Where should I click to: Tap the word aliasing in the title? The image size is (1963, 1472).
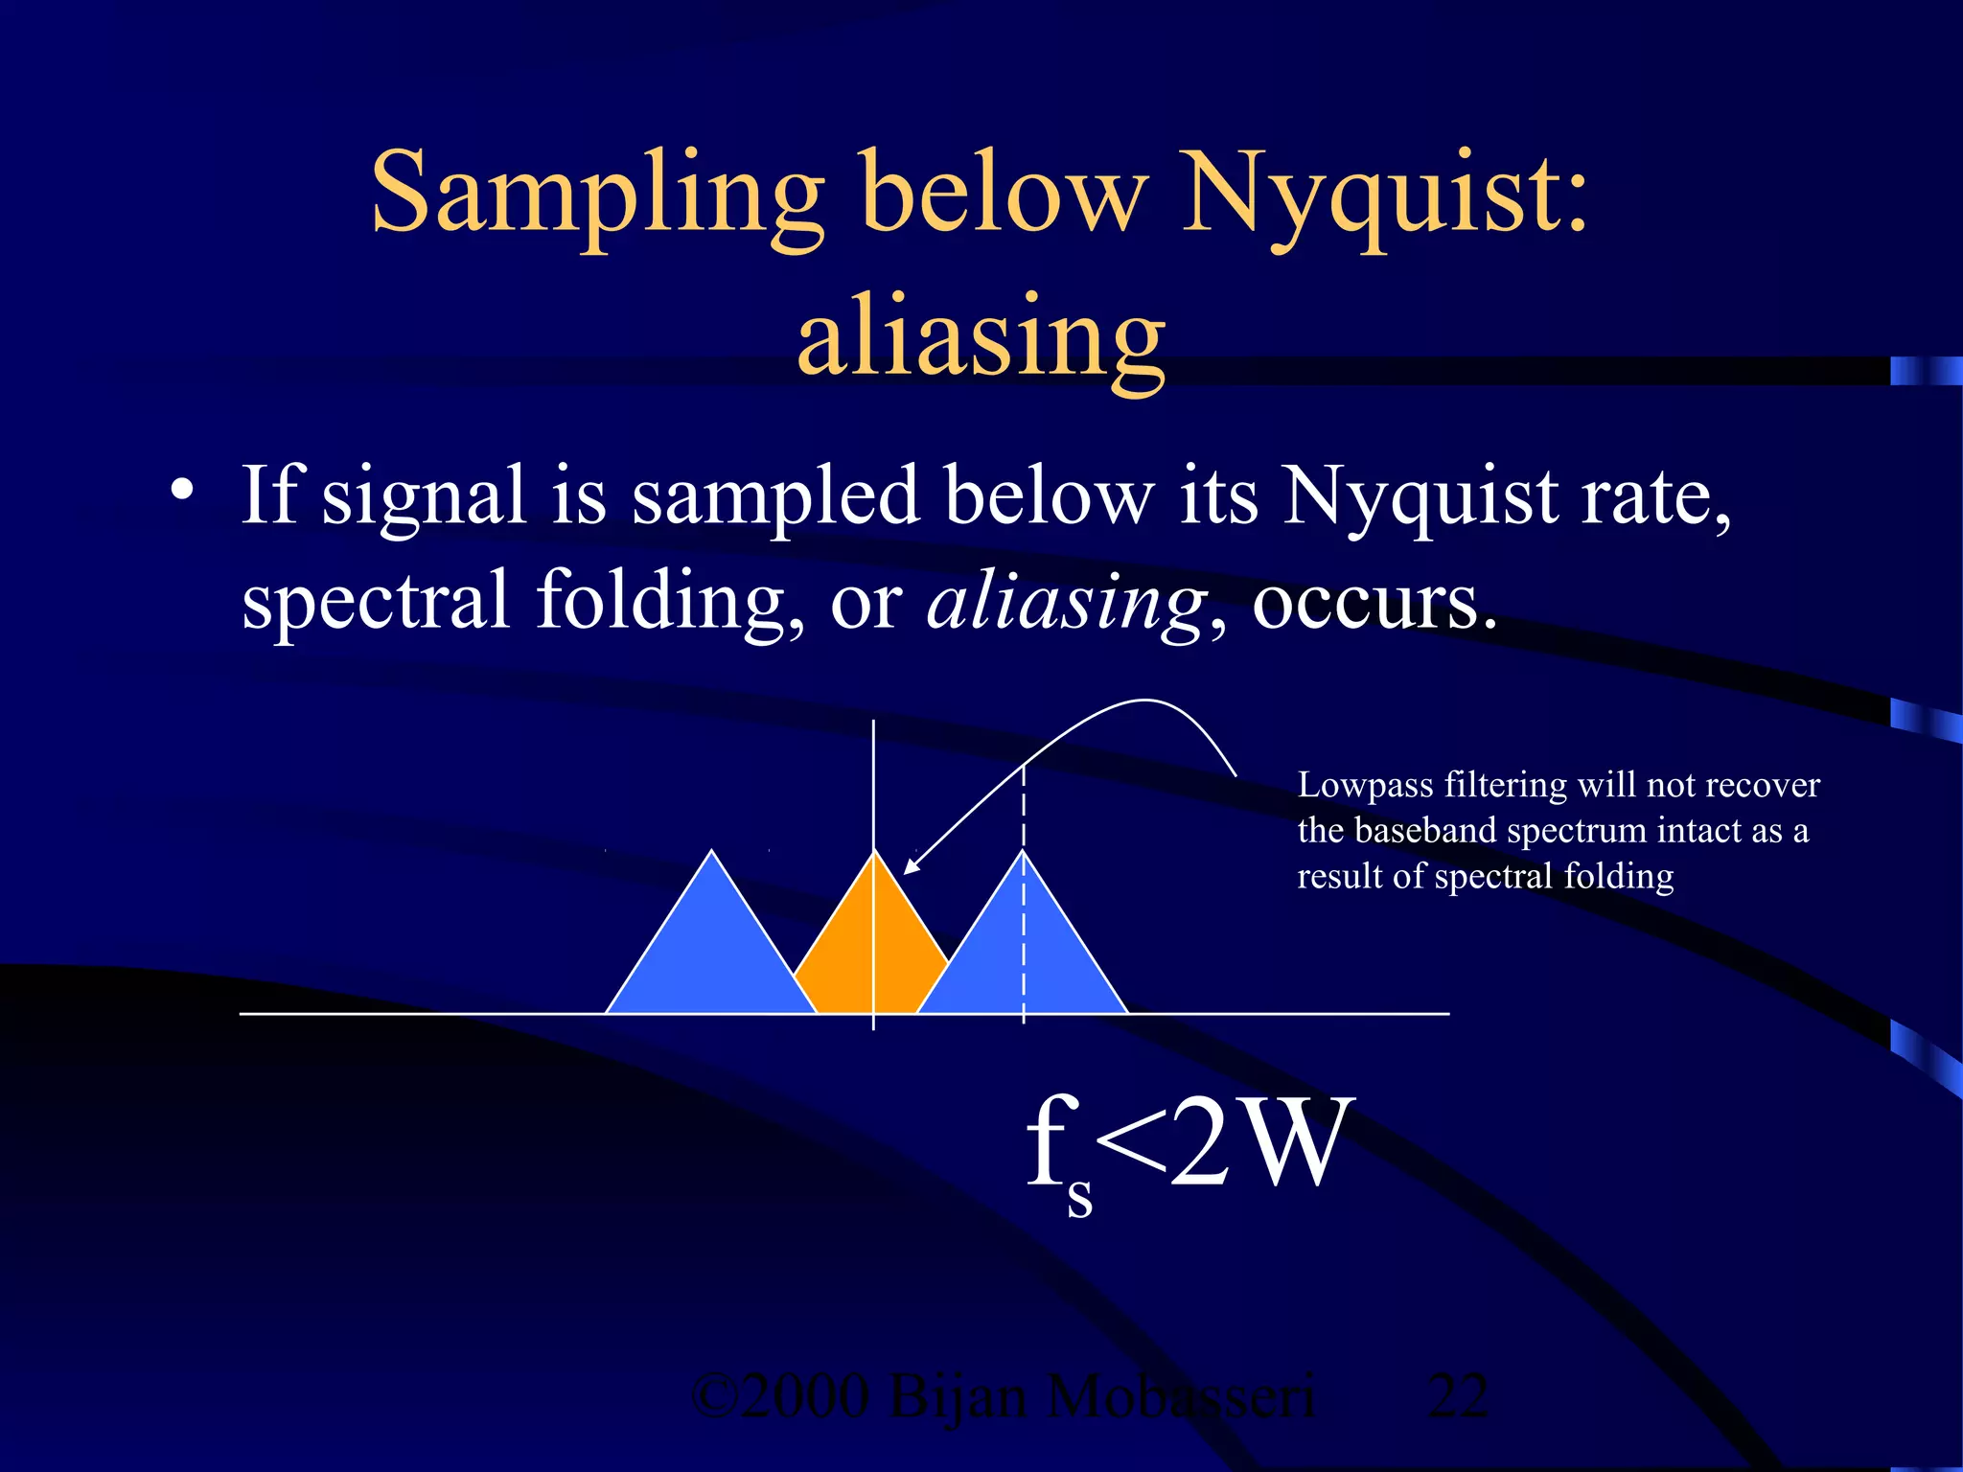981,340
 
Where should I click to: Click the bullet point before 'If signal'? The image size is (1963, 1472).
181,491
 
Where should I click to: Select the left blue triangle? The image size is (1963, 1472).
710,949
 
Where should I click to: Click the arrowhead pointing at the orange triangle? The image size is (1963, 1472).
912,865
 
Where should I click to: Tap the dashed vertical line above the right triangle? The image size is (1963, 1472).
1024,805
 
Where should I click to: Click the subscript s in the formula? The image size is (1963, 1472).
1079,1197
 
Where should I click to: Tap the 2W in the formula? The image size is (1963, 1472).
1260,1142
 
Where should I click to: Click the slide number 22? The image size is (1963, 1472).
1457,1396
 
